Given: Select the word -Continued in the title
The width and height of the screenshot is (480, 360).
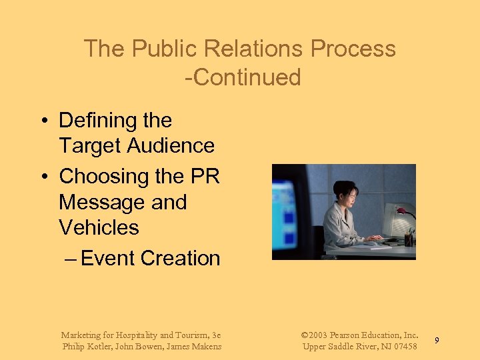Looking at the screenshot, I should [x=243, y=77].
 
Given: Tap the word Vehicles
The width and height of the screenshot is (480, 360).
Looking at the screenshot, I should [x=99, y=227].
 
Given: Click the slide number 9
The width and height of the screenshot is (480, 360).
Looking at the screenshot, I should [x=437, y=341].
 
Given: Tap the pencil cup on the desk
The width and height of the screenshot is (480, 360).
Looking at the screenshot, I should [x=408, y=239].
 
